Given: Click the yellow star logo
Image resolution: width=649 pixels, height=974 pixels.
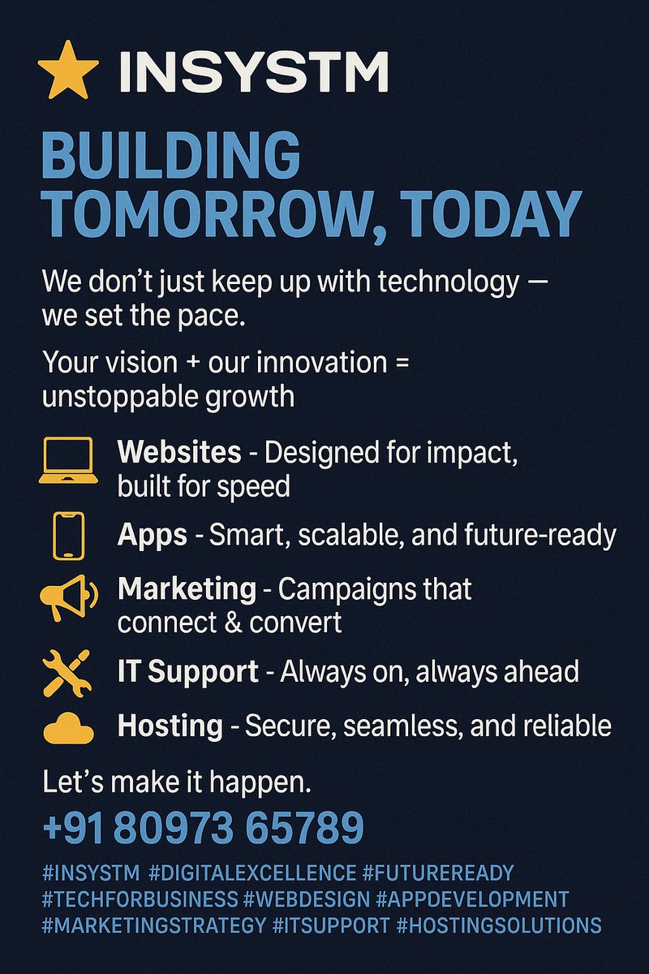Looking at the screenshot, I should point(68,71).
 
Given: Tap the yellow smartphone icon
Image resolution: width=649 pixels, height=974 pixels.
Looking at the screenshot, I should point(68,535).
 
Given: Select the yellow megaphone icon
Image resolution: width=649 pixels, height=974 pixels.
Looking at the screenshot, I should point(68,598).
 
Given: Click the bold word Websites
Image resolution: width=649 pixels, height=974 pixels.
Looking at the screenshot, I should point(179,451).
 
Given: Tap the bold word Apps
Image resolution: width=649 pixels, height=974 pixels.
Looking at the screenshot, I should point(153,535).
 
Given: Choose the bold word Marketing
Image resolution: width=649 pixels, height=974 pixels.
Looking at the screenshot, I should point(187,588).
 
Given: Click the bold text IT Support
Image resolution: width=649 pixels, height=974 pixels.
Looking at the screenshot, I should point(188,672).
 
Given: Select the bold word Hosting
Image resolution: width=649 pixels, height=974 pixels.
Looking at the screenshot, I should point(170,725).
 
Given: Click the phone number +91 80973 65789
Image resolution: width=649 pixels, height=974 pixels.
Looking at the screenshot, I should point(202,828).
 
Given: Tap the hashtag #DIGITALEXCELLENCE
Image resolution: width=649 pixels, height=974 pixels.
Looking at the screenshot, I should point(253,873).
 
